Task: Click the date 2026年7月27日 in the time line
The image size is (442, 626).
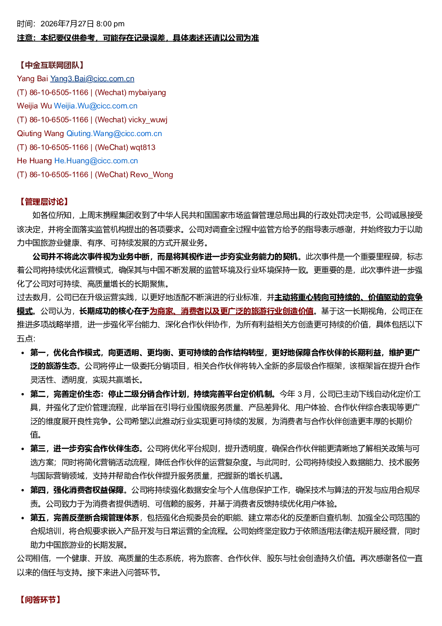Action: pos(67,24)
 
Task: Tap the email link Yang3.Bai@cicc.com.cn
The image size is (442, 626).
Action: pos(92,79)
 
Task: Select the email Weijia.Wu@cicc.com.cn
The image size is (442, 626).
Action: pos(95,106)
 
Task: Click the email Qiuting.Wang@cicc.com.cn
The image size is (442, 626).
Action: pos(114,133)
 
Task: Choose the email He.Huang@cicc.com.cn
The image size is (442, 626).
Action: pos(96,161)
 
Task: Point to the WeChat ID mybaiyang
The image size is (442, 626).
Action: pos(147,92)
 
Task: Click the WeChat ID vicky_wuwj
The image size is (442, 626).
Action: pos(148,120)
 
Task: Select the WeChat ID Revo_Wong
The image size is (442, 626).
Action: pos(151,174)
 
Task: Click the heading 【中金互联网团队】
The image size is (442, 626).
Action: pos(52,65)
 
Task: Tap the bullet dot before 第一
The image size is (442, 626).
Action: pos(23,353)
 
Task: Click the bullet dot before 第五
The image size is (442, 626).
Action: pos(23,518)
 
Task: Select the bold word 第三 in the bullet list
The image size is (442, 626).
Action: pos(38,448)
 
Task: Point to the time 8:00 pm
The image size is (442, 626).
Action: pos(110,24)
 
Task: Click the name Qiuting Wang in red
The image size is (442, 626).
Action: pos(41,133)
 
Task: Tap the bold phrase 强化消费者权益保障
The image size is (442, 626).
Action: pos(89,490)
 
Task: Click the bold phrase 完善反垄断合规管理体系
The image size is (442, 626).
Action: pos(96,518)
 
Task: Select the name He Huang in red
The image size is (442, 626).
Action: pos(34,161)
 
